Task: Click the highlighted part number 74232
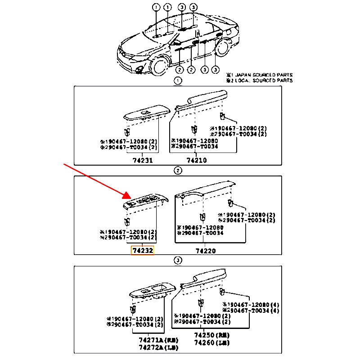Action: (142, 251)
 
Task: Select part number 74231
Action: (142, 160)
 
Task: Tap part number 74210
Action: (197, 160)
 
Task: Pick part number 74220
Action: (205, 251)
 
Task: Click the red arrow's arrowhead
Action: (128, 197)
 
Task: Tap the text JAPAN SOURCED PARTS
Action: (264, 75)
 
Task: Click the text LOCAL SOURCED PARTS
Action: (264, 81)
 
